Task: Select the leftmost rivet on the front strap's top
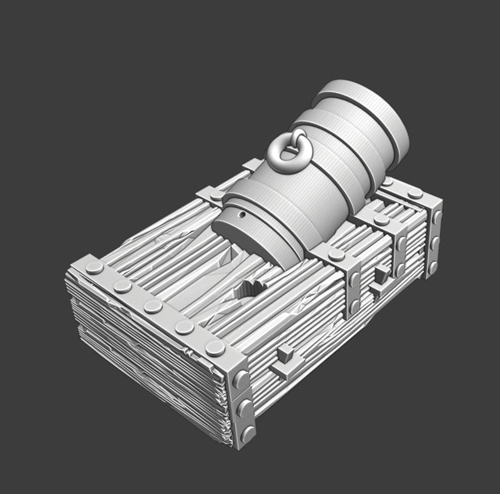pyautogui.click(x=94, y=268)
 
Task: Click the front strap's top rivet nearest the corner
pyautogui.click(x=215, y=347)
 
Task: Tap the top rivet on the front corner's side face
pyautogui.click(x=239, y=379)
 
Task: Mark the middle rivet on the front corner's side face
pyautogui.click(x=244, y=407)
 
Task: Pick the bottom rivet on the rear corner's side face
pyautogui.click(x=432, y=267)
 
